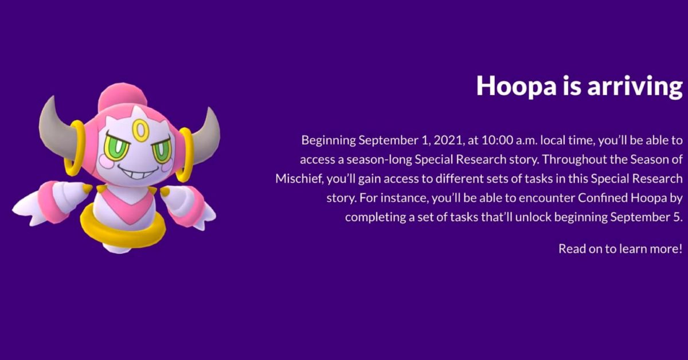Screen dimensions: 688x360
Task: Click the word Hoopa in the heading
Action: point(517,86)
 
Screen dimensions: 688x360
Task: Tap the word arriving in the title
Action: point(635,87)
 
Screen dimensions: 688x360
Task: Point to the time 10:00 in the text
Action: point(497,140)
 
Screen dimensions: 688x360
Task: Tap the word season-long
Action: point(379,160)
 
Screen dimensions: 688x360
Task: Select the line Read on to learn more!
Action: point(620,248)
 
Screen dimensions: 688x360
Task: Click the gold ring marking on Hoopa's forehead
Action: point(140,131)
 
